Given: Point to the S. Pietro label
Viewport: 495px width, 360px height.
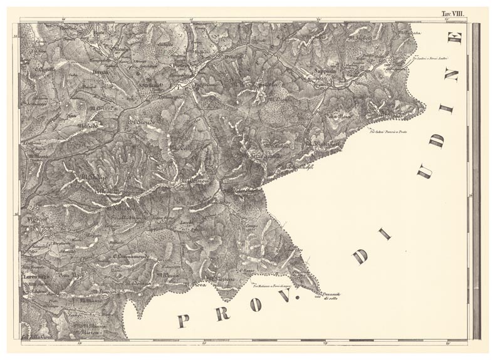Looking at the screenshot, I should tap(180, 64).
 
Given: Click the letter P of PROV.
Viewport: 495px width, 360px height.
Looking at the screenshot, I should tap(184, 321).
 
